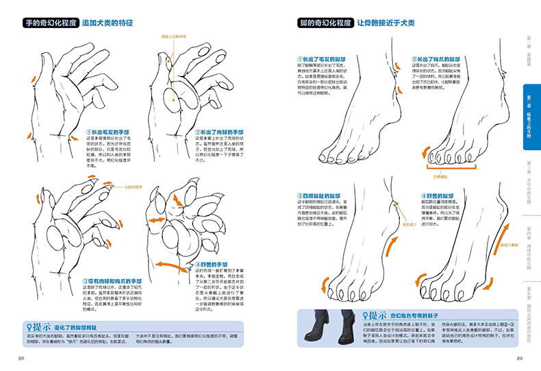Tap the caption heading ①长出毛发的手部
tap(108, 131)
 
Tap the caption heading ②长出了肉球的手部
tap(221, 131)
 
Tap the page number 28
tap(21, 359)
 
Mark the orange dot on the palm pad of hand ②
tap(173, 100)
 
